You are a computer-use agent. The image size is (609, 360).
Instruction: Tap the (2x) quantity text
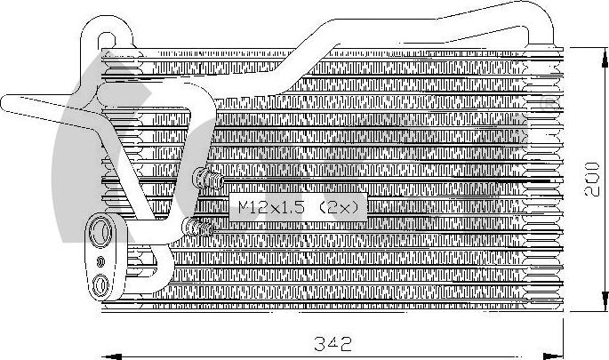click(x=340, y=208)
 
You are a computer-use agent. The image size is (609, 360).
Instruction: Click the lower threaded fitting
click(x=201, y=229)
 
